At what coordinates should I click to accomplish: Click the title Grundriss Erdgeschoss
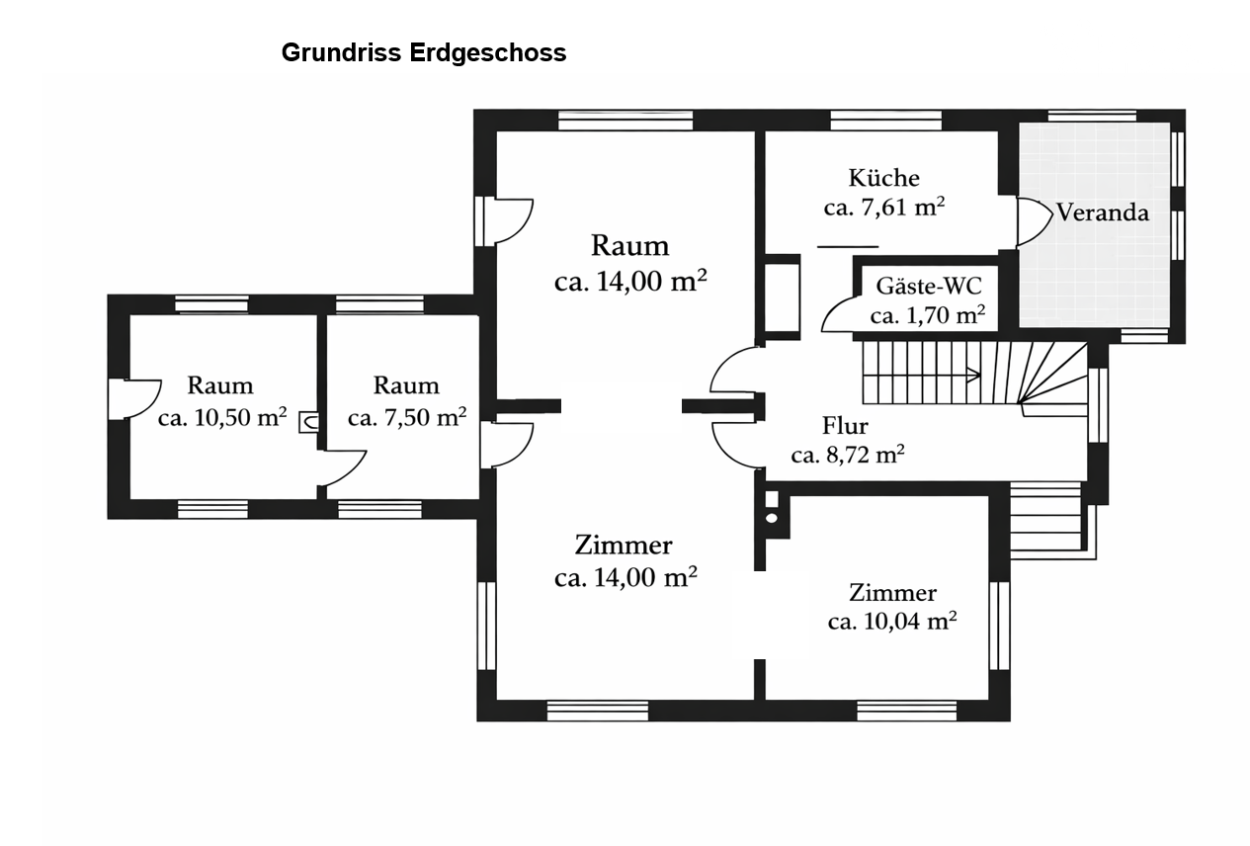(424, 53)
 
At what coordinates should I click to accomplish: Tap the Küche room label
(883, 178)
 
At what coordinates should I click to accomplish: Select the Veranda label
(1103, 211)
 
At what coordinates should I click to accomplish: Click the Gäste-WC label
(928, 287)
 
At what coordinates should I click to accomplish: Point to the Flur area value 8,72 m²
(848, 455)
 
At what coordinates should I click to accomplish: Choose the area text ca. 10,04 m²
(891, 622)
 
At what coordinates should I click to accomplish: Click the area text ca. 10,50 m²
(221, 417)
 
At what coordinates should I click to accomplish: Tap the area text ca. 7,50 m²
(406, 417)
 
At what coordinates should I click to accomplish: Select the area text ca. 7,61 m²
(883, 208)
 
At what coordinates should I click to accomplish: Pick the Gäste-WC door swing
(837, 314)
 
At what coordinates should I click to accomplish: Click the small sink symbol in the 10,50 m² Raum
(308, 423)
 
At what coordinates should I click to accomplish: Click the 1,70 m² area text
(928, 316)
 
